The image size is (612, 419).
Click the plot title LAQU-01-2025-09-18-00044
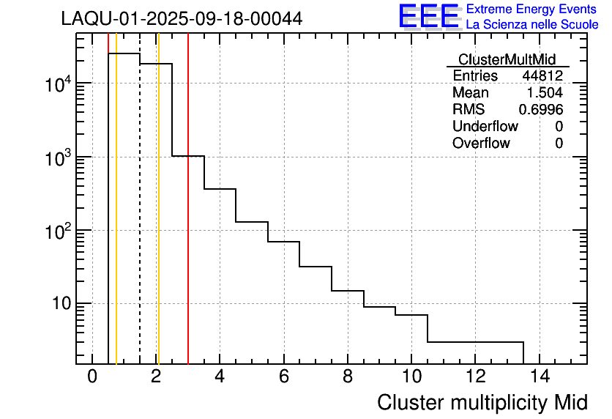(182, 18)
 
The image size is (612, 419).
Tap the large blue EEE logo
(429, 16)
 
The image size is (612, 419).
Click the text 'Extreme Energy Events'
(532, 10)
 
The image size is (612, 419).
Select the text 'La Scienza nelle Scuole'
(532, 25)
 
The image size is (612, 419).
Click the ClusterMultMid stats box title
(507, 59)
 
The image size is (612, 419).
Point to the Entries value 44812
(542, 76)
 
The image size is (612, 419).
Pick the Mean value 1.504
(545, 93)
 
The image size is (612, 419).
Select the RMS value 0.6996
(541, 110)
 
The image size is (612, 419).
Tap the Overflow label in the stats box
(481, 144)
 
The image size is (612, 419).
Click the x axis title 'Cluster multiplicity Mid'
(482, 402)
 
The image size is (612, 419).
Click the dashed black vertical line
(140, 220)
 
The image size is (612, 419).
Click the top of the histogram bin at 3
(188, 156)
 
